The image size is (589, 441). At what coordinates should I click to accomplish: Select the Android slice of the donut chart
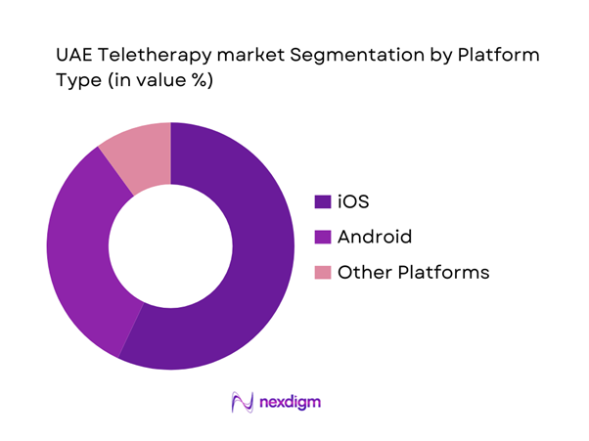click(x=78, y=254)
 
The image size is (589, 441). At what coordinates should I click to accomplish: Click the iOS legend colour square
click(x=321, y=201)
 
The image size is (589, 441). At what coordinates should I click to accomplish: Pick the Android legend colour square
click(x=321, y=237)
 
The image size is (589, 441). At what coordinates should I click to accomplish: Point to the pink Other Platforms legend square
click(x=321, y=273)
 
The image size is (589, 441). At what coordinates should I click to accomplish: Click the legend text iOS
click(x=351, y=201)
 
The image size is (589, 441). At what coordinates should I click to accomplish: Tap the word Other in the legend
click(x=361, y=273)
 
